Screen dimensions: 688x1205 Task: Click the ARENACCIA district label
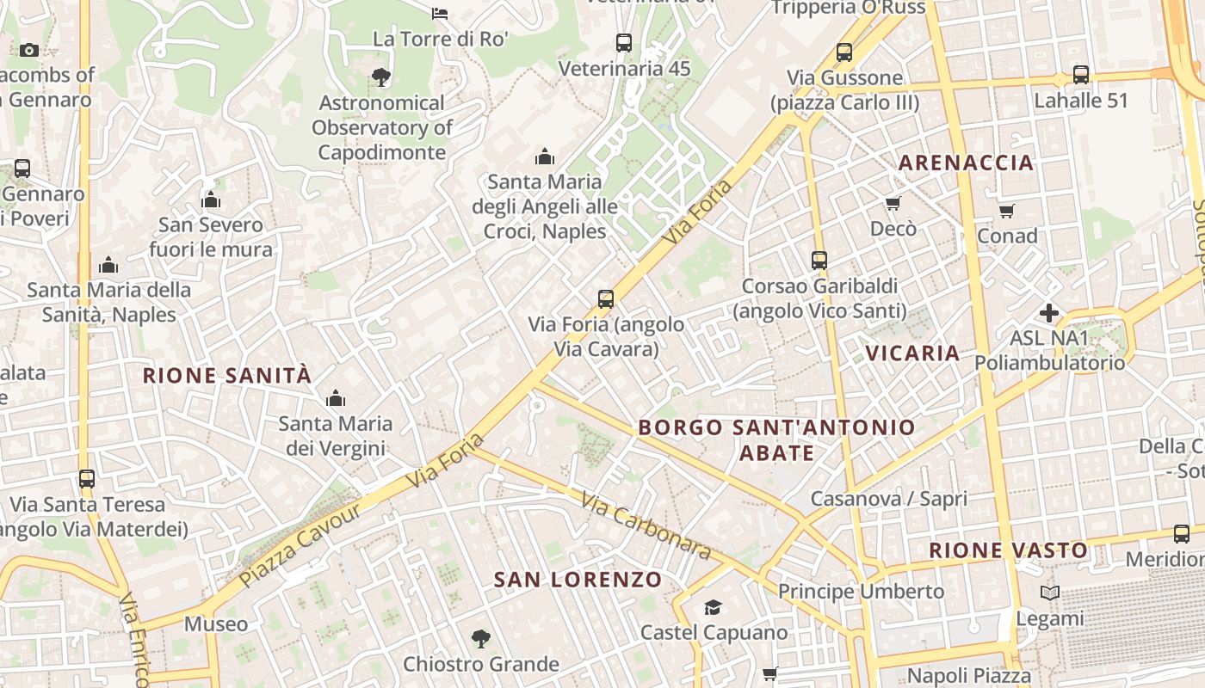(966, 163)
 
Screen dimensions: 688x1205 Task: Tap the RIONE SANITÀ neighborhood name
(227, 376)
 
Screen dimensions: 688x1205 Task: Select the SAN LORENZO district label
(578, 580)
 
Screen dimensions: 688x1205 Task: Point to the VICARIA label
(912, 353)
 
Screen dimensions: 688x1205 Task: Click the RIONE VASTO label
(1009, 550)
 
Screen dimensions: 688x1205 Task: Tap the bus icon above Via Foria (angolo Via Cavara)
(606, 299)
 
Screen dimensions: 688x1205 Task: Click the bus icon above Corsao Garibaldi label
(819, 260)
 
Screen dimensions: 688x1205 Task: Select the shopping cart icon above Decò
(893, 204)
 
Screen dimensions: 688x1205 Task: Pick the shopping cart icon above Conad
(1007, 211)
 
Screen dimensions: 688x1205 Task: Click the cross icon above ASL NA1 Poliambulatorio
(1049, 313)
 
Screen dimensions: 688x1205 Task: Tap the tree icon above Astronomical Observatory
(381, 77)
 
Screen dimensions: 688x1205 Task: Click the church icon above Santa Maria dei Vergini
(336, 398)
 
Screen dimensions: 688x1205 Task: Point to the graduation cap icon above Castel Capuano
(714, 608)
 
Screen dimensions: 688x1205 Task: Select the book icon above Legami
(1050, 593)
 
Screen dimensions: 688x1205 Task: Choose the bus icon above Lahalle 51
(1081, 75)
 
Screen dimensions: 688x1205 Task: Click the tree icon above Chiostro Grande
(480, 639)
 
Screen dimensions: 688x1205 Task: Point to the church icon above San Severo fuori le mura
(211, 200)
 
